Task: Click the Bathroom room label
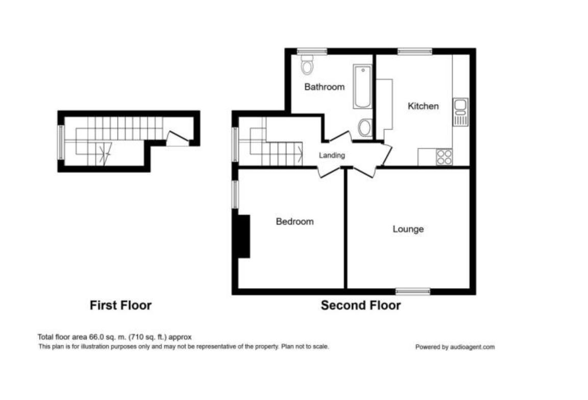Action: pos(324,87)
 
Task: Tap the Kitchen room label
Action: pos(423,106)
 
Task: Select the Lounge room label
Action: pos(408,229)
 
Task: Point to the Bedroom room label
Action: pos(295,222)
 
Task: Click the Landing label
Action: pos(332,155)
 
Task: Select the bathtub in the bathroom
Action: pos(362,86)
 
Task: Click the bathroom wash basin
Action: pos(365,128)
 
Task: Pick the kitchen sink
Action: pos(460,112)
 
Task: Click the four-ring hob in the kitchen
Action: pos(444,157)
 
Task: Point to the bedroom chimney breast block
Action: pos(244,237)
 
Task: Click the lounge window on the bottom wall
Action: pos(413,291)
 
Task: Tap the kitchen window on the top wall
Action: pos(415,51)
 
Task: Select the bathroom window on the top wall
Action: pos(312,51)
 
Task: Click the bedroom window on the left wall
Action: pos(235,195)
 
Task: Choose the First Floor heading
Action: pos(120,305)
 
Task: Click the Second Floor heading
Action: pos(360,305)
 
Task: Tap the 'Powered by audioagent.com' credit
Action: pos(455,347)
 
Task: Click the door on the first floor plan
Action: pos(178,138)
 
